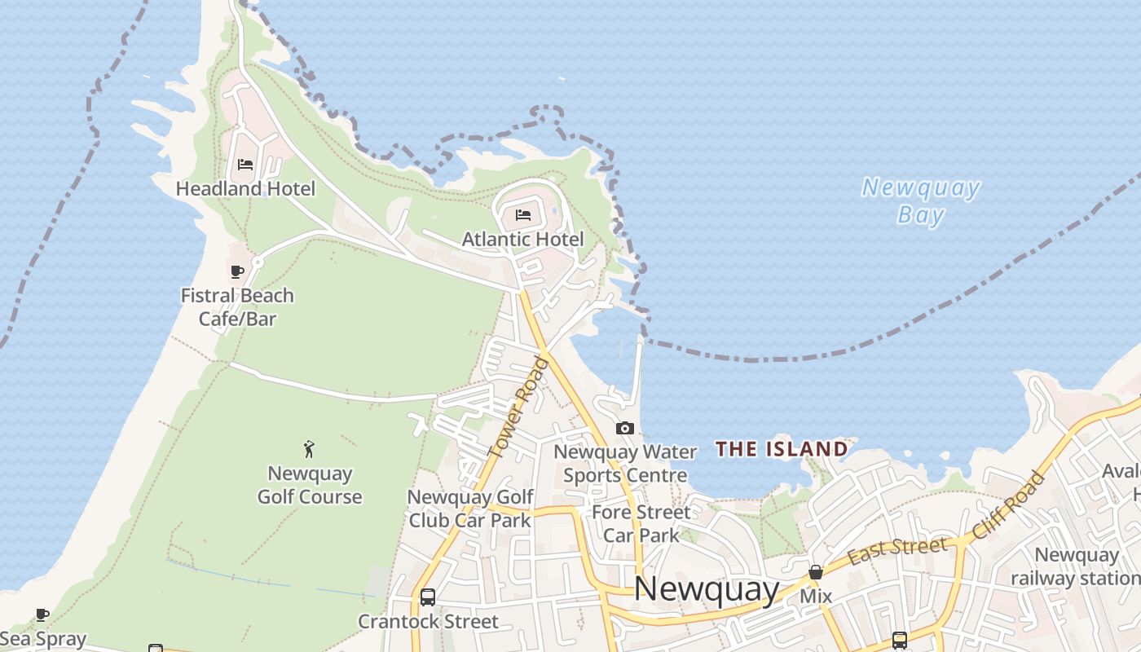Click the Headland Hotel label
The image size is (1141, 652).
point(245,189)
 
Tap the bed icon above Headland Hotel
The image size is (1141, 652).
point(245,164)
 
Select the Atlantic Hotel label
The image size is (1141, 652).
point(522,240)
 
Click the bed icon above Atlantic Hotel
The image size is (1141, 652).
point(523,215)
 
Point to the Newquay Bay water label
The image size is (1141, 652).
point(921,200)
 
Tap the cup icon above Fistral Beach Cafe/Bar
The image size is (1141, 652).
point(237,271)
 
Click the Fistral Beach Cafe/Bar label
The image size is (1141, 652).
point(237,306)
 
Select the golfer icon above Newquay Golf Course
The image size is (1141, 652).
point(309,448)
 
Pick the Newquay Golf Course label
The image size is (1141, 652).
point(310,485)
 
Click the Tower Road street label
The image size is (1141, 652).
point(518,406)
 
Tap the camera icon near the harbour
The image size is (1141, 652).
point(625,428)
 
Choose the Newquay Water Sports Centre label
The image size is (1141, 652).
point(625,463)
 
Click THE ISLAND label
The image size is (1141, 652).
point(782,449)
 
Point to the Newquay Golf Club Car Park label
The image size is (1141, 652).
point(470,509)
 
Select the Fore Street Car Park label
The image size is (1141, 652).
point(641,523)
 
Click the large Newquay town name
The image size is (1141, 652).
point(707,588)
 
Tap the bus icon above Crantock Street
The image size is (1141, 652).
point(427,597)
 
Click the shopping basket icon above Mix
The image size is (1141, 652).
point(816,573)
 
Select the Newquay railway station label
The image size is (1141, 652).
point(1077,566)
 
